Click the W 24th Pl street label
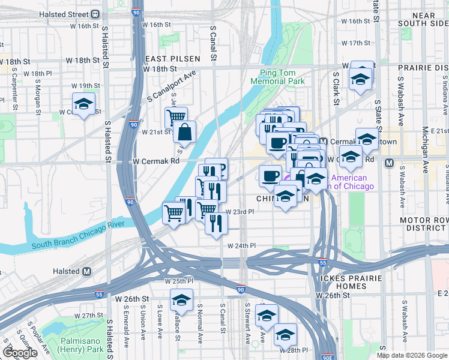click(x=241, y=246)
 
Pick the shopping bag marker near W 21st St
click(x=185, y=133)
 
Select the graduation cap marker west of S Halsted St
click(x=84, y=103)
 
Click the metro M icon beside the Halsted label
click(x=87, y=271)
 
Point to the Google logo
click(x=20, y=353)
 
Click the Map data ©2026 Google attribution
click(x=412, y=355)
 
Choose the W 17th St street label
click(x=356, y=43)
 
